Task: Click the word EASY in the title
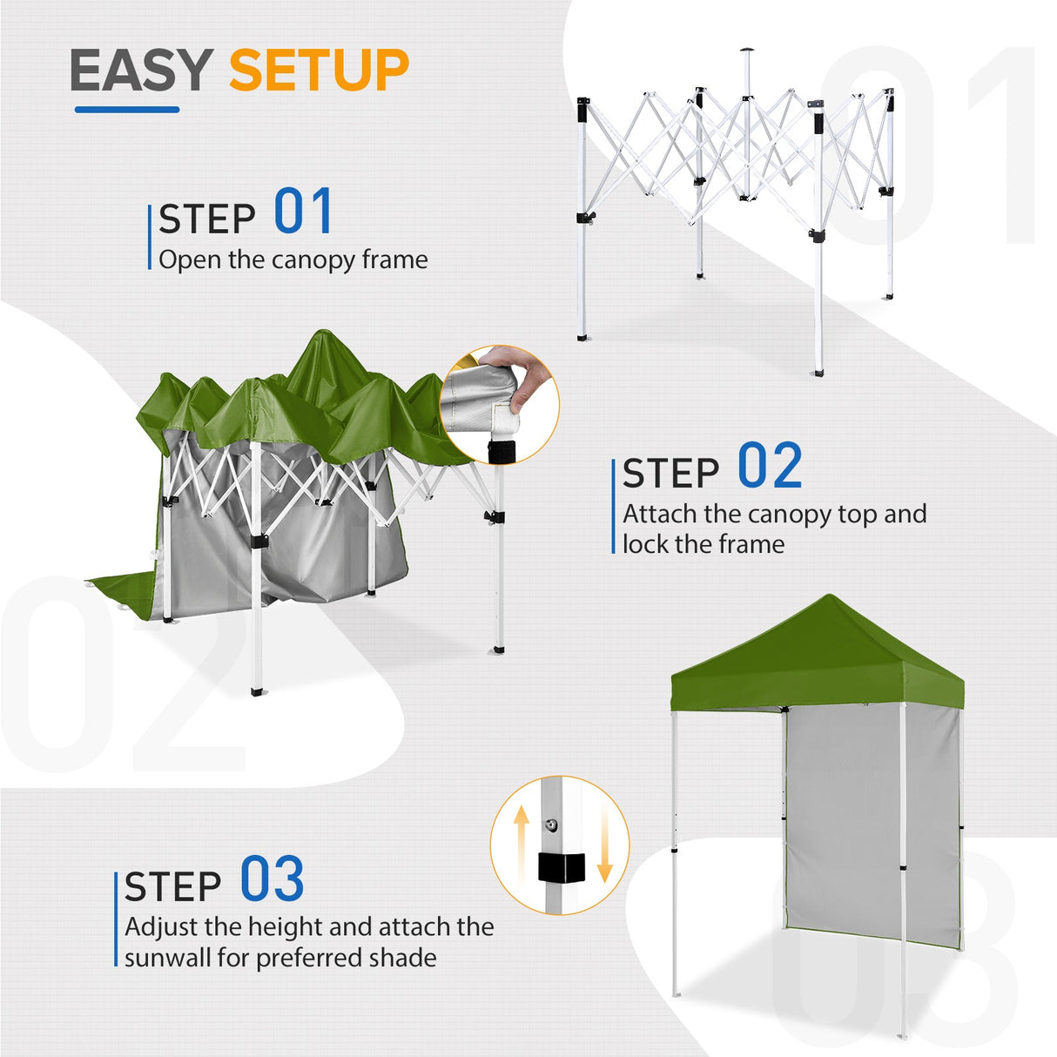pyautogui.click(x=141, y=71)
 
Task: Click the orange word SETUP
pyautogui.click(x=319, y=71)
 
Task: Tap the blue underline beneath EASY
pyautogui.click(x=127, y=110)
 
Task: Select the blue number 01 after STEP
pyautogui.click(x=303, y=212)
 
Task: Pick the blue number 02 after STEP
pyautogui.click(x=770, y=467)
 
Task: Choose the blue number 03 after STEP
pyautogui.click(x=272, y=879)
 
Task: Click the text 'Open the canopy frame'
pyautogui.click(x=293, y=259)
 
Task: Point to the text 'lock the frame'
pyautogui.click(x=704, y=544)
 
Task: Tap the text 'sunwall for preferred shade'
pyautogui.click(x=280, y=958)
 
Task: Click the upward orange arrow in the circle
pyautogui.click(x=521, y=840)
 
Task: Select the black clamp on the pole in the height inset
pyautogui.click(x=559, y=867)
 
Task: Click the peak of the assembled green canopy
pyautogui.click(x=831, y=598)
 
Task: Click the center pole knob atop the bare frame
pyautogui.click(x=745, y=51)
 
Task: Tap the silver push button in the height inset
pyautogui.click(x=550, y=824)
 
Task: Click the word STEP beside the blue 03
pyautogui.click(x=172, y=887)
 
